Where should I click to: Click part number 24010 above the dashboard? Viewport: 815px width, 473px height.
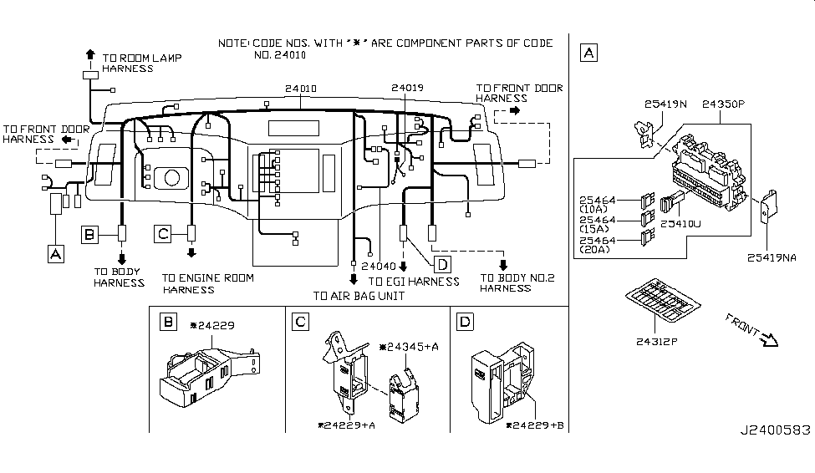[300, 89]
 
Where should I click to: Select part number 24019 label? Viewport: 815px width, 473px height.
[408, 88]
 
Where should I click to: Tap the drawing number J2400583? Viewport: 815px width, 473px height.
[776, 430]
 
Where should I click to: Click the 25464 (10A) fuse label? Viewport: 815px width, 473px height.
[597, 204]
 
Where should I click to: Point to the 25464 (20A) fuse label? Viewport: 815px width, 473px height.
[597, 245]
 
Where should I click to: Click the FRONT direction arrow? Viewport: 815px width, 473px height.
[769, 340]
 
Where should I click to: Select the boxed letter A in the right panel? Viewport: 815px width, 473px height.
[589, 53]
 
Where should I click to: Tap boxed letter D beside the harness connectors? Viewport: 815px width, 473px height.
[442, 265]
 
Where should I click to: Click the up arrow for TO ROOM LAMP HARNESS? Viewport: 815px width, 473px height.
[90, 54]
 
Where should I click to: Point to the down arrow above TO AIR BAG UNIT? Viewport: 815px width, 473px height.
[354, 280]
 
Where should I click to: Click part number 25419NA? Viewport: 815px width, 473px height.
[772, 257]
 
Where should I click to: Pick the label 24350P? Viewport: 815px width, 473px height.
[723, 104]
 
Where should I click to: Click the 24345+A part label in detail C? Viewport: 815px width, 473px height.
[409, 346]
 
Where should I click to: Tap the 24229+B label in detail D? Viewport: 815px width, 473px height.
[535, 425]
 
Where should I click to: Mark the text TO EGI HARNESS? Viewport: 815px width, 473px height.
[414, 282]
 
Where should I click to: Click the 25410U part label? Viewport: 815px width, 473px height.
[680, 224]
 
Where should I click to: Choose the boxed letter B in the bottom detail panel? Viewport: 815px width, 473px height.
[168, 323]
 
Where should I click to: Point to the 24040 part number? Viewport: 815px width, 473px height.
[379, 266]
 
